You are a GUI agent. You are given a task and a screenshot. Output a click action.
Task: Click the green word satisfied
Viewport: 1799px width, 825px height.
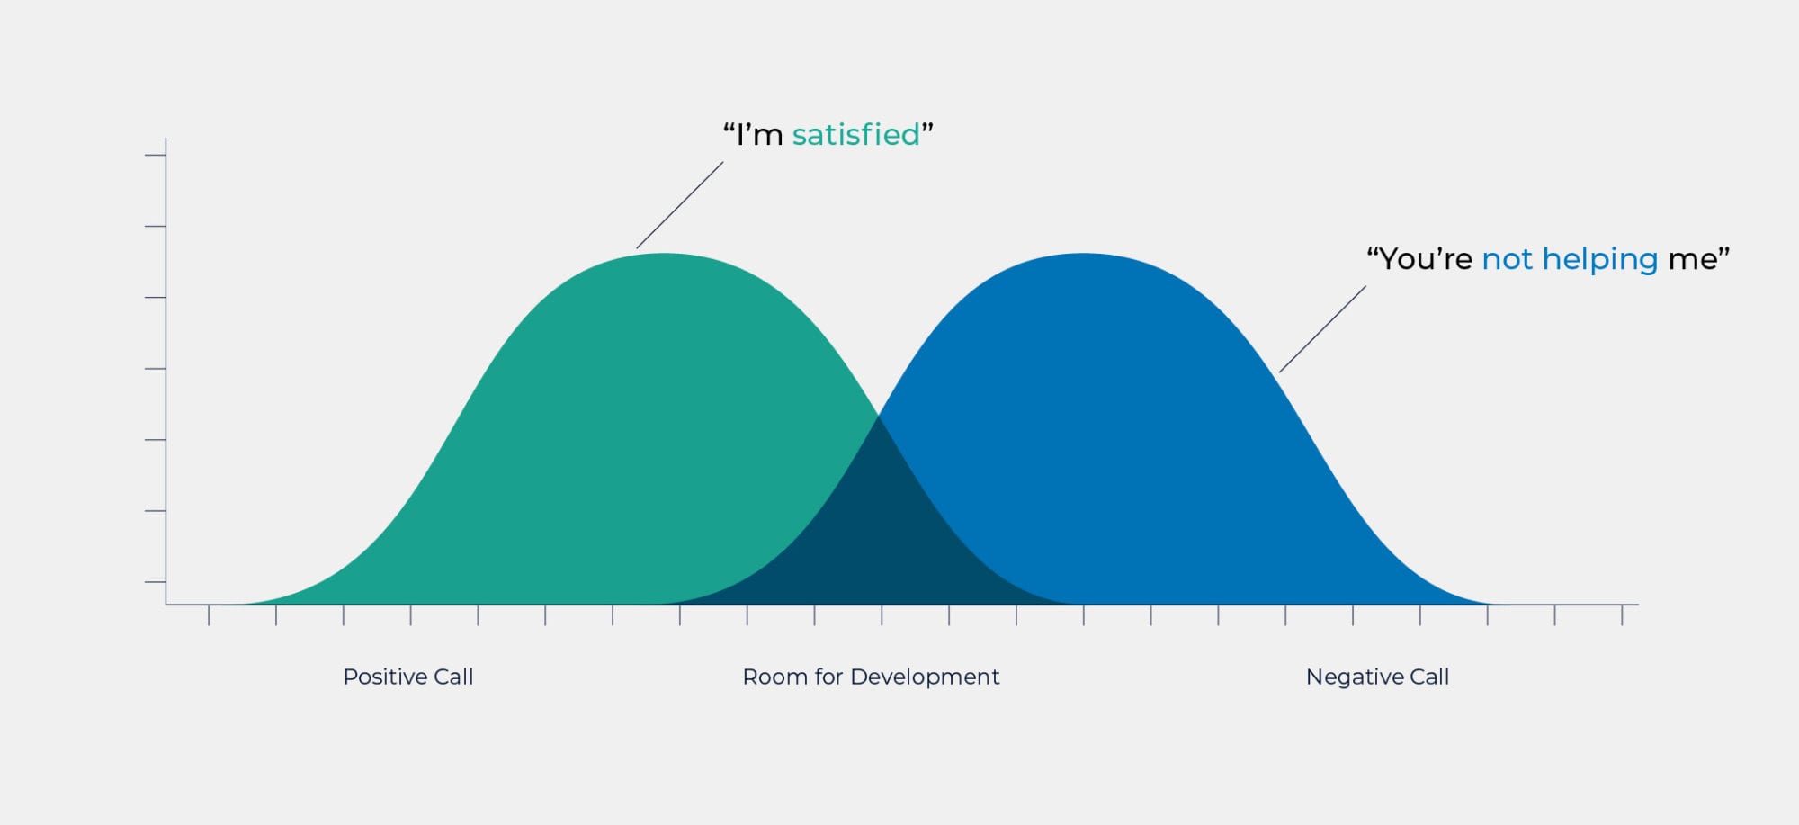(855, 135)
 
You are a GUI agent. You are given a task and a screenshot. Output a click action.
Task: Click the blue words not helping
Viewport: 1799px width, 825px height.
(1570, 260)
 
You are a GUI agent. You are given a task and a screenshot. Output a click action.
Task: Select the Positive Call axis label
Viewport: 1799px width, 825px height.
(408, 677)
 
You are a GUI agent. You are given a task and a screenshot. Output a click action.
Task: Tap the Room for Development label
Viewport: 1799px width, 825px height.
(871, 677)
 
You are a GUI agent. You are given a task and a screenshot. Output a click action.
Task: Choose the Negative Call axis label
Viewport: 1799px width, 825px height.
(1377, 677)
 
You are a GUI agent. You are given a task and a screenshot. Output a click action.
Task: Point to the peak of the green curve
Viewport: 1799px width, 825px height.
(664, 254)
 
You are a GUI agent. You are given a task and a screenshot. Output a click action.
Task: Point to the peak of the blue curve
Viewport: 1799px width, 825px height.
(1082, 254)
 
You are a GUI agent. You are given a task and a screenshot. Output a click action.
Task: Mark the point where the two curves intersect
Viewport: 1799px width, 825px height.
(878, 416)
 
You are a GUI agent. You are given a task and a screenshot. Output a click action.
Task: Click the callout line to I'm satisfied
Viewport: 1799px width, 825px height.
(680, 205)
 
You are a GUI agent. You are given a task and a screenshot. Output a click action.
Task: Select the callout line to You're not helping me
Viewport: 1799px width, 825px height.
(1322, 329)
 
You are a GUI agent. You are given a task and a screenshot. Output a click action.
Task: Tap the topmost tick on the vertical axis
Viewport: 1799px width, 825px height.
(155, 156)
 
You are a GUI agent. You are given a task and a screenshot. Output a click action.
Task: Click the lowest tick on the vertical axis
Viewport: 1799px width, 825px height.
(155, 582)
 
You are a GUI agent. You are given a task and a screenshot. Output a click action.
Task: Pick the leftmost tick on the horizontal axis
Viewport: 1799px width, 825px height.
(209, 615)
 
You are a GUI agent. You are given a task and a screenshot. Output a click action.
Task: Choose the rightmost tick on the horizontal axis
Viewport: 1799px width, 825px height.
(1622, 615)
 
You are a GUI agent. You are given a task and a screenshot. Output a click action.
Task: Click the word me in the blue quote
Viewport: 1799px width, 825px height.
(1692, 260)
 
